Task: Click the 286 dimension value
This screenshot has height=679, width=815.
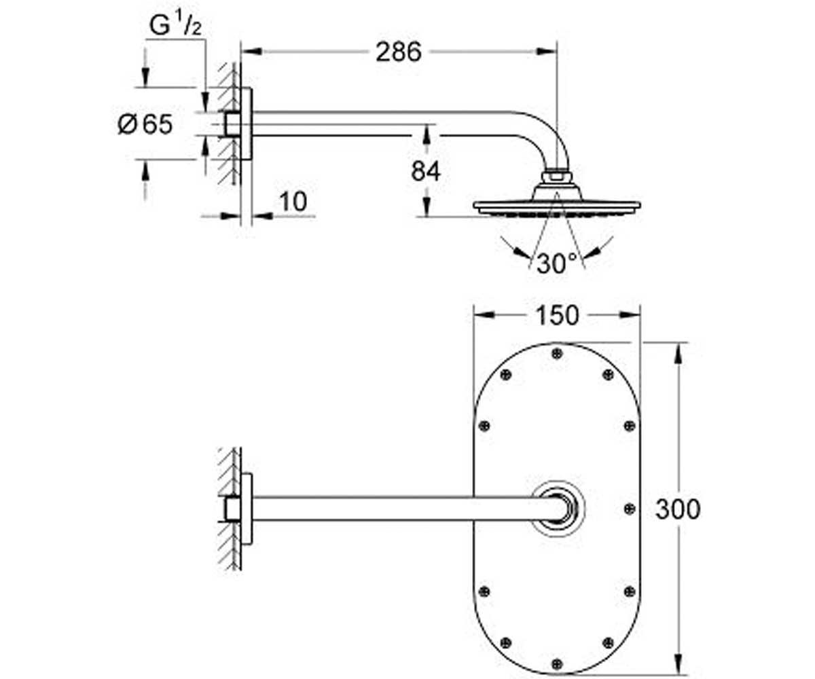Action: coord(399,52)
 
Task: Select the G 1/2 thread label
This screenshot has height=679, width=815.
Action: coord(175,25)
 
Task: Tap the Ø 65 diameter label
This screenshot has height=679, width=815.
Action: coord(145,124)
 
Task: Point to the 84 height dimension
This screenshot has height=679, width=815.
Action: coord(425,171)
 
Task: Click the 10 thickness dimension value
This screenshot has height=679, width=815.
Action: coord(293,202)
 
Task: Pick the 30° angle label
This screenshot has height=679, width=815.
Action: coord(556,263)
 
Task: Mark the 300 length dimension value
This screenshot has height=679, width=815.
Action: coord(678,509)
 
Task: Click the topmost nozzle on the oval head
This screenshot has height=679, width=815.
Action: coord(557,354)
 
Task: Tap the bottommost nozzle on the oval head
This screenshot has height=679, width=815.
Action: coord(557,664)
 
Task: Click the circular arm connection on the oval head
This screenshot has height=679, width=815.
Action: coord(558,509)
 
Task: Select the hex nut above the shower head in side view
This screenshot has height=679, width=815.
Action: coord(557,175)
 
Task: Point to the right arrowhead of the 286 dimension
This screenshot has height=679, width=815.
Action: coord(547,52)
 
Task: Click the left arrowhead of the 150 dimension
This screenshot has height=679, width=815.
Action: coord(484,315)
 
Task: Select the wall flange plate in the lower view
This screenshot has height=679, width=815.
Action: coord(247,509)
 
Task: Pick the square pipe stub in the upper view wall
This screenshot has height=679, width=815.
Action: coord(233,124)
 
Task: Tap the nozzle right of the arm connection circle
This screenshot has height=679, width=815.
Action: coord(629,509)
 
